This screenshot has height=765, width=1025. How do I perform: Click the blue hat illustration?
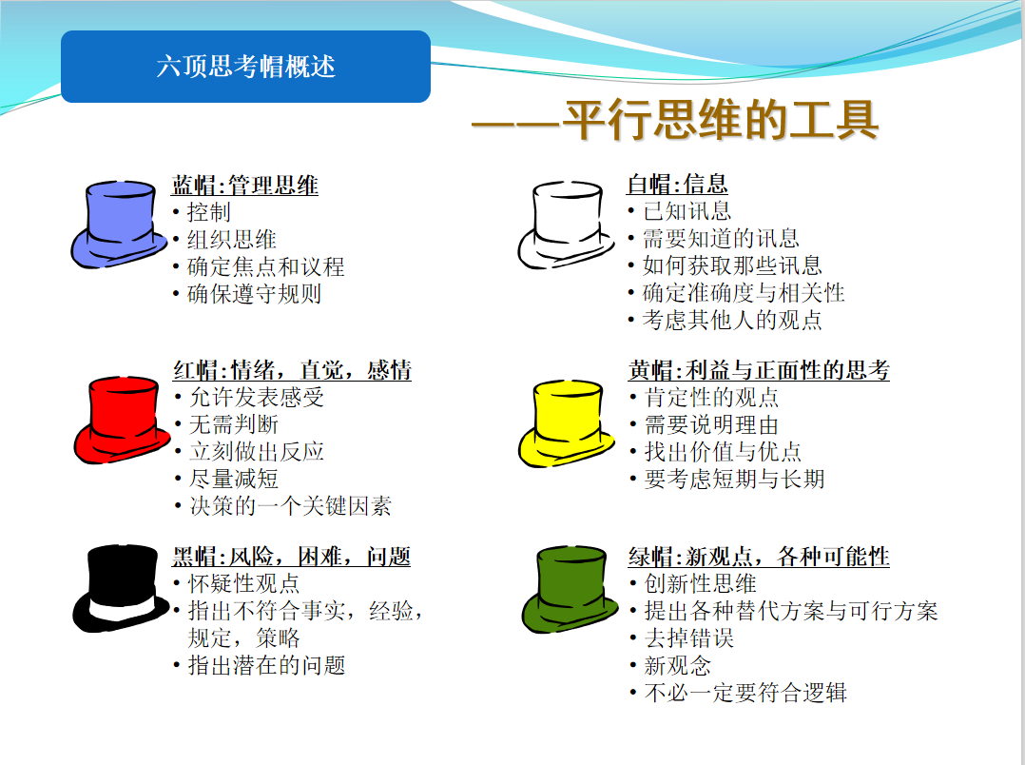tap(119, 225)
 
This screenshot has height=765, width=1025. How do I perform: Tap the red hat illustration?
tap(122, 421)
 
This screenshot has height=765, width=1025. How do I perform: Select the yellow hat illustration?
tap(566, 422)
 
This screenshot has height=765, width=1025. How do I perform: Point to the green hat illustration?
tap(570, 589)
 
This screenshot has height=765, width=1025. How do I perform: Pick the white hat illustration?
tap(566, 225)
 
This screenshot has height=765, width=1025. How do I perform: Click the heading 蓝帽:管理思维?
tap(245, 186)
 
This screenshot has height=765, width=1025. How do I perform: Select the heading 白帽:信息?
tap(677, 184)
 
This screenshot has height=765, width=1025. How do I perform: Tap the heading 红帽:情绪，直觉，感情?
tap(292, 370)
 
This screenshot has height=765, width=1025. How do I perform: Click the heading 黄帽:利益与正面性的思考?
tap(759, 370)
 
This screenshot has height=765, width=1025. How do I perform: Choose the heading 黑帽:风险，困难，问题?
tap(292, 557)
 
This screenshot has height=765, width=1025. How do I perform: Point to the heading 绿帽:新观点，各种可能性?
tap(759, 557)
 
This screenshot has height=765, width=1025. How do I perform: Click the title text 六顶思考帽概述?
tap(245, 66)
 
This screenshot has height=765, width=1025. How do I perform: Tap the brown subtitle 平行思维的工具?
tap(720, 121)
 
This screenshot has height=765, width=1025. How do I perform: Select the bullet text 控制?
tap(209, 212)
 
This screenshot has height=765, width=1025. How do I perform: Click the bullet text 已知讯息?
tap(687, 210)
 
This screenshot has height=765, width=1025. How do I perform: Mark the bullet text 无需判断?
tap(234, 424)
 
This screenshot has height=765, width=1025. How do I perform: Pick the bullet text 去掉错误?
tap(689, 637)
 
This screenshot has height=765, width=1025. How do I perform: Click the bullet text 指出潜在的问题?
tap(266, 665)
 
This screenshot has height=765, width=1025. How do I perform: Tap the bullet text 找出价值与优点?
tap(723, 452)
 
